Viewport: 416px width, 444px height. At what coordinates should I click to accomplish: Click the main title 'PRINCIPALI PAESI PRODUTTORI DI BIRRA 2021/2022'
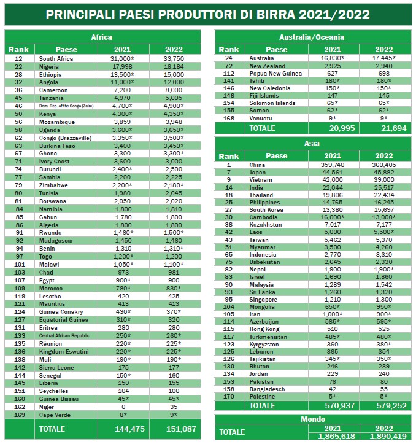(x=207, y=14)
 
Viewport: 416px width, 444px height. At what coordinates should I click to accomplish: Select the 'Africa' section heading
(x=101, y=37)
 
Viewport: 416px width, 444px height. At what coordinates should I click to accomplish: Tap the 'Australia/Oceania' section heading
(x=312, y=37)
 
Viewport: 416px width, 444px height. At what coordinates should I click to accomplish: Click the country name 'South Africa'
(x=56, y=58)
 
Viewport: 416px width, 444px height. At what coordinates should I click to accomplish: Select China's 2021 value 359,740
(x=333, y=165)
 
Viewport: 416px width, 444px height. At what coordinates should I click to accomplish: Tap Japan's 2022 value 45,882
(x=384, y=173)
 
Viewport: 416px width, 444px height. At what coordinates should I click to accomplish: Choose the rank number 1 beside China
(x=229, y=165)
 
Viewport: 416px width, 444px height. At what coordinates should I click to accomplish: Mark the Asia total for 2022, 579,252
(x=384, y=406)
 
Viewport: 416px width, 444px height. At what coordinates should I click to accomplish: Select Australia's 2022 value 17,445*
(x=384, y=58)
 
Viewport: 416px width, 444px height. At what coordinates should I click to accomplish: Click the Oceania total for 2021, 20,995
(x=333, y=128)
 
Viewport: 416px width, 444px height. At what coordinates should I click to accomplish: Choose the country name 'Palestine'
(x=261, y=395)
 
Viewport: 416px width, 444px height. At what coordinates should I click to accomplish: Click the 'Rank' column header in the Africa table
(x=19, y=49)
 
